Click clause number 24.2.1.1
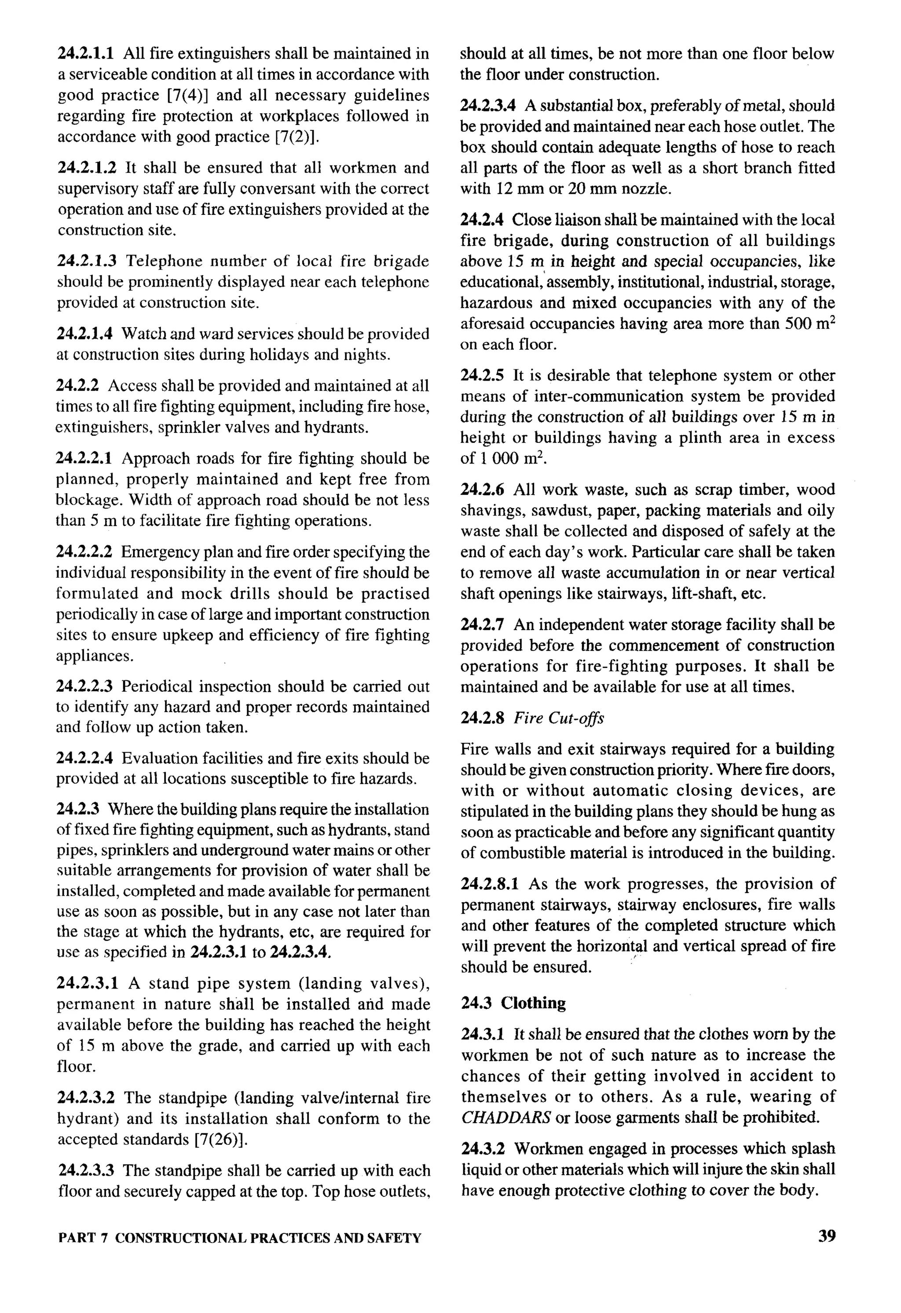point(86,54)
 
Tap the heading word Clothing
point(533,1003)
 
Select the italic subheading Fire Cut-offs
point(558,718)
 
